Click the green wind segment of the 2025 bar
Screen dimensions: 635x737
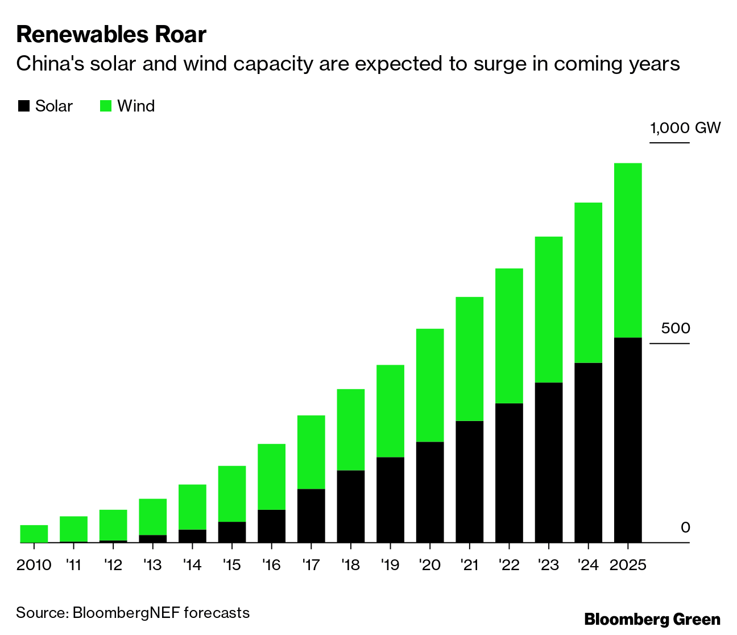pos(628,250)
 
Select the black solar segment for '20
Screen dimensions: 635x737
pos(430,492)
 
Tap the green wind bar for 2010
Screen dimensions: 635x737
pos(34,533)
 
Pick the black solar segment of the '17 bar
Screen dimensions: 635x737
pos(311,516)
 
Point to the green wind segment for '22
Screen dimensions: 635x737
pos(509,336)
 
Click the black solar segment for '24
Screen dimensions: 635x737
pos(588,452)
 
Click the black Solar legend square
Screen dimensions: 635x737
pos(24,106)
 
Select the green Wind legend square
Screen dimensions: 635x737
pos(106,106)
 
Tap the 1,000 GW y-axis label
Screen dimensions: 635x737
pos(685,127)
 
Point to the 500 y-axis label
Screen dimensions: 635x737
pos(675,328)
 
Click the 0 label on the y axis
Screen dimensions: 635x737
pos(685,527)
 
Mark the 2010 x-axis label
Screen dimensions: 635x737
pos(34,565)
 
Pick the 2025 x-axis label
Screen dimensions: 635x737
pos(628,565)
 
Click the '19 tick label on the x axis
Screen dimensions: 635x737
pos(390,565)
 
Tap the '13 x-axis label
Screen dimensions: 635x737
pos(152,565)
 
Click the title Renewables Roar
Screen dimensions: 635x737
pos(111,35)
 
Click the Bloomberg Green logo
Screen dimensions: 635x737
pos(652,619)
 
